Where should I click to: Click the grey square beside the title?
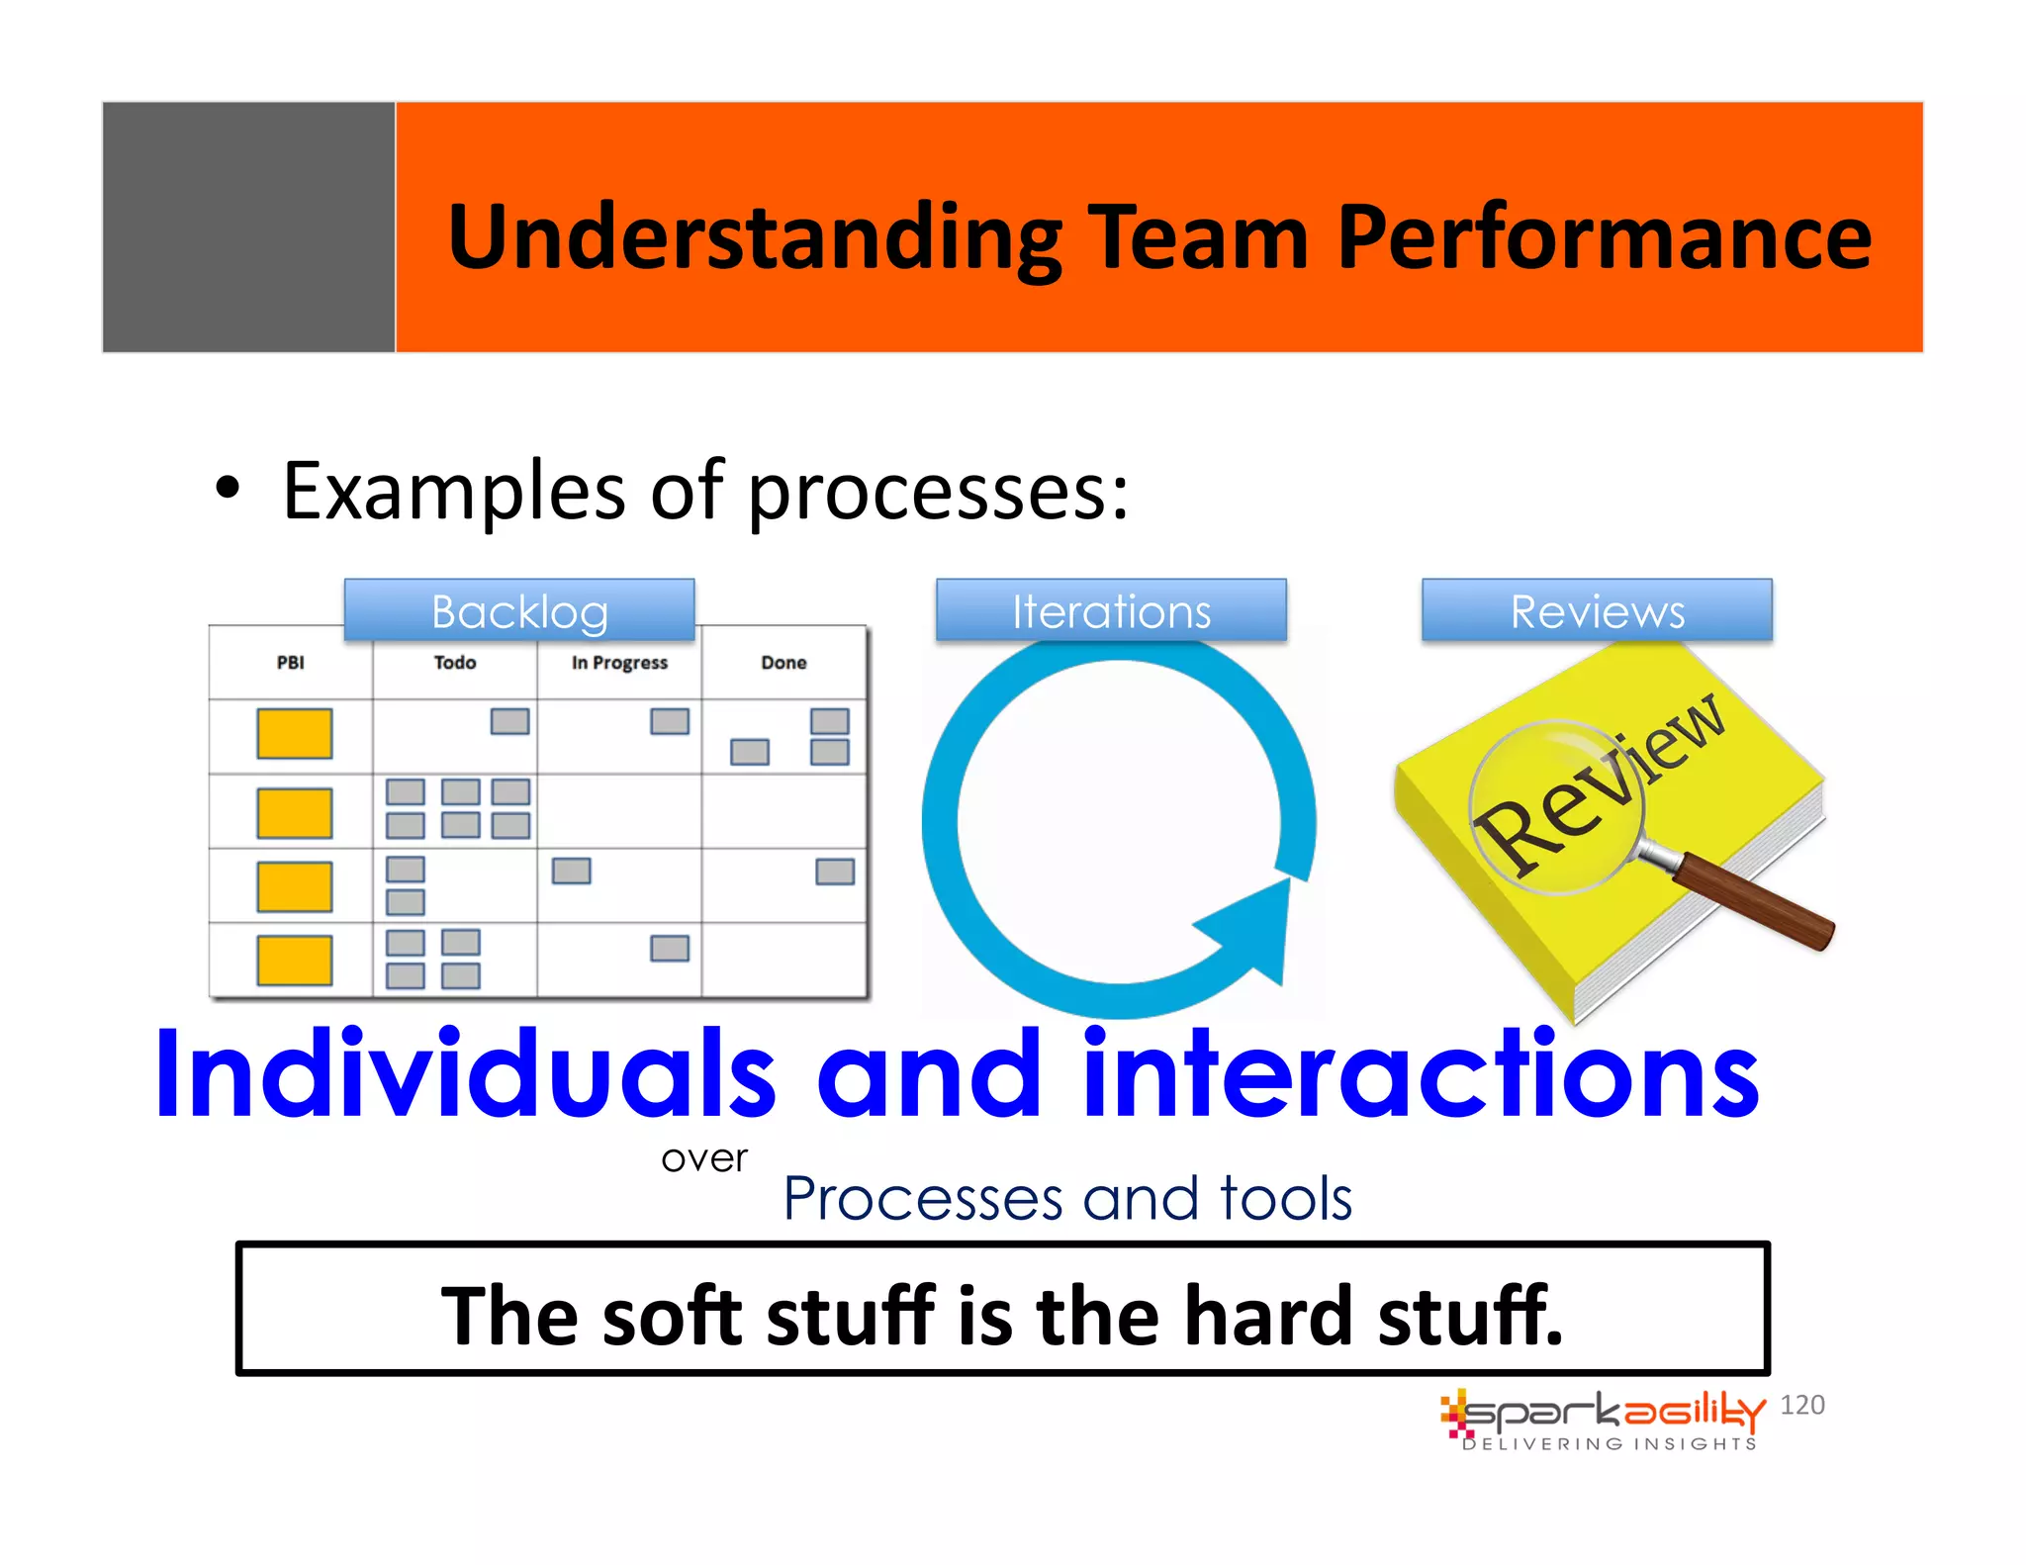[248, 227]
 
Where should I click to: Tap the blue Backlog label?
[519, 610]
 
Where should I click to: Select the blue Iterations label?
[1111, 610]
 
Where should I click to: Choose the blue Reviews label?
[1597, 610]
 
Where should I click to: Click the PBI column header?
[290, 663]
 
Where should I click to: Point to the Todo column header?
[454, 663]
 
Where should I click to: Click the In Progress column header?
[619, 663]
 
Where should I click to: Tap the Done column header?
[783, 663]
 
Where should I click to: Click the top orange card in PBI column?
[294, 733]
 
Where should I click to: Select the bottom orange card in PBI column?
[294, 961]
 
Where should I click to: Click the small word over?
[704, 1158]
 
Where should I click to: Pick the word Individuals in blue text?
[465, 1075]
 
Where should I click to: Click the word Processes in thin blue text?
[922, 1199]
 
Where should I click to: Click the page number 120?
[1801, 1405]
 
